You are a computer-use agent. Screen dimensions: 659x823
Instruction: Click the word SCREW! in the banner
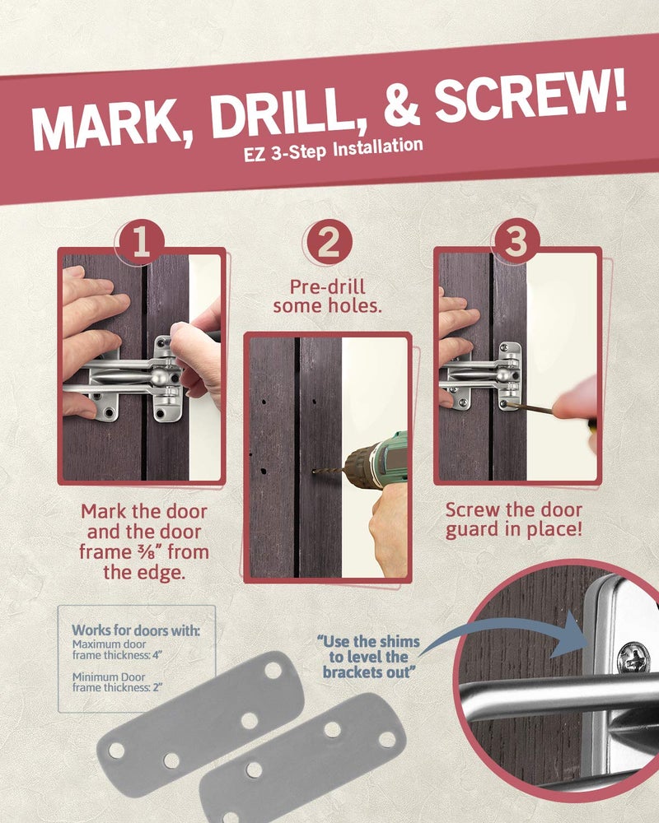(530, 98)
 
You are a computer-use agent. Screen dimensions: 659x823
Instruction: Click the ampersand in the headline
(401, 107)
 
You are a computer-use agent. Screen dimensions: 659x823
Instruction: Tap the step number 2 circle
(329, 242)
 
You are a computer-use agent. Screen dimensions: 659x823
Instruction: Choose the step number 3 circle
(515, 241)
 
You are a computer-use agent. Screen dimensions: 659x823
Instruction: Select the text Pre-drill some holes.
(327, 296)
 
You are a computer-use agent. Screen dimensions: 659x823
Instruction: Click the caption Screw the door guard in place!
(514, 519)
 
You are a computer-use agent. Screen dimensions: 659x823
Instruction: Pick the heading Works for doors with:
(136, 630)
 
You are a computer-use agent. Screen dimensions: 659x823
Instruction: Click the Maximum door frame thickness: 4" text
(117, 650)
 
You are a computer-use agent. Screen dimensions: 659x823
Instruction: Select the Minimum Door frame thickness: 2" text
(117, 682)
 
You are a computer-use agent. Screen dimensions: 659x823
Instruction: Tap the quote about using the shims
(368, 657)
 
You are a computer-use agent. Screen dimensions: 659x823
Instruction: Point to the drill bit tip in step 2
(314, 472)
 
